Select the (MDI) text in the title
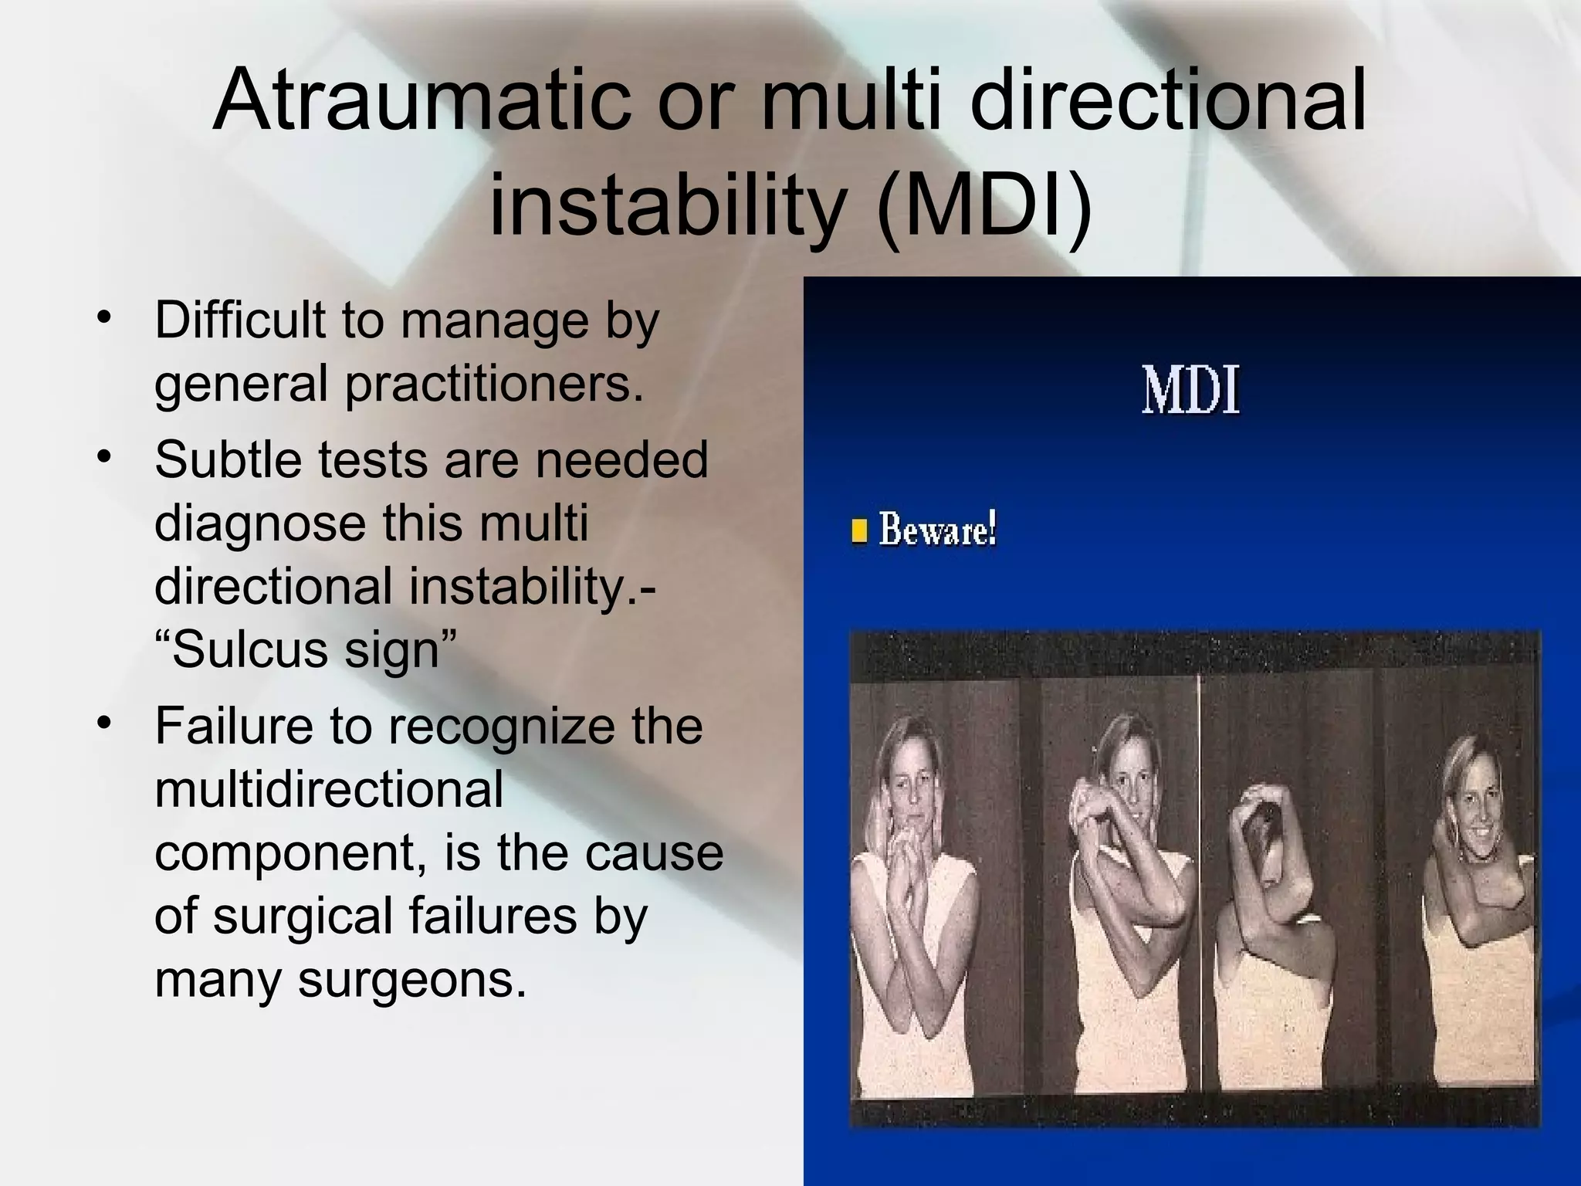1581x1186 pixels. click(x=984, y=205)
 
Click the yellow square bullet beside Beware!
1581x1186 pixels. click(x=858, y=532)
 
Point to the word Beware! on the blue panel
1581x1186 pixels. click(x=937, y=531)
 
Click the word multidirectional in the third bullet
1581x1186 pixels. click(x=329, y=789)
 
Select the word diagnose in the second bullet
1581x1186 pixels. click(x=260, y=524)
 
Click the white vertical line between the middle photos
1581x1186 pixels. click(x=1199, y=849)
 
